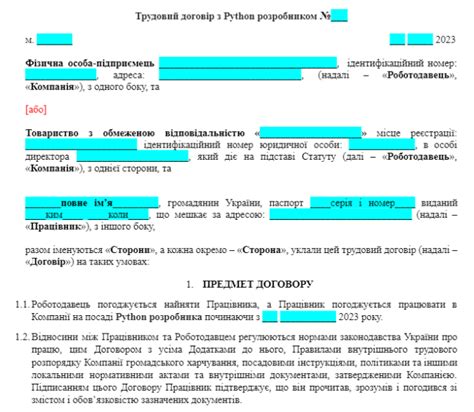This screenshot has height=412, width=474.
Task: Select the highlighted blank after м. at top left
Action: [54, 39]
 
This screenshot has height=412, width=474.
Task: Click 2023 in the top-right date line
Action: [445, 39]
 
